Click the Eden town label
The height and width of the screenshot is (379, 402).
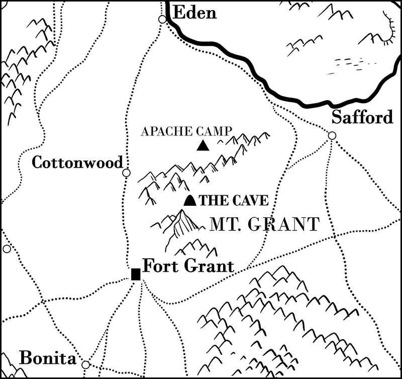pyautogui.click(x=194, y=13)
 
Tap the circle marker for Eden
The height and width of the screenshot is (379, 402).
pyautogui.click(x=162, y=20)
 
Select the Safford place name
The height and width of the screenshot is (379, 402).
pyautogui.click(x=362, y=118)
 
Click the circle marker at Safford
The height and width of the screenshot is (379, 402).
pyautogui.click(x=332, y=135)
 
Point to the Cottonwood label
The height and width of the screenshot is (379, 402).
pyautogui.click(x=77, y=162)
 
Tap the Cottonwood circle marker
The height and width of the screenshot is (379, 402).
pyautogui.click(x=127, y=173)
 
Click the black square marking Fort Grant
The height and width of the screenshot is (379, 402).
pyautogui.click(x=136, y=274)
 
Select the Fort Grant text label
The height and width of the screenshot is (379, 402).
pyautogui.click(x=188, y=266)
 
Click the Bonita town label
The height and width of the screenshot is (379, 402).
pyautogui.click(x=47, y=358)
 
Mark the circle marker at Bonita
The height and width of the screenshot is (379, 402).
pyautogui.click(x=85, y=364)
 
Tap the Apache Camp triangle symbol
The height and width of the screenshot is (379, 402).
pyautogui.click(x=203, y=146)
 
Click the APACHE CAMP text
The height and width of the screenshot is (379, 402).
pyautogui.click(x=186, y=132)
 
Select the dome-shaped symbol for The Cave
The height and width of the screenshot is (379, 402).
pyautogui.click(x=189, y=200)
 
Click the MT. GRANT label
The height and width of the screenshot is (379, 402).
pyautogui.click(x=264, y=224)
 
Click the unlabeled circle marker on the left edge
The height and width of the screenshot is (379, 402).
pyautogui.click(x=7, y=249)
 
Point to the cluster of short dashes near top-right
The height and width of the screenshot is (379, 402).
pyautogui.click(x=355, y=64)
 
